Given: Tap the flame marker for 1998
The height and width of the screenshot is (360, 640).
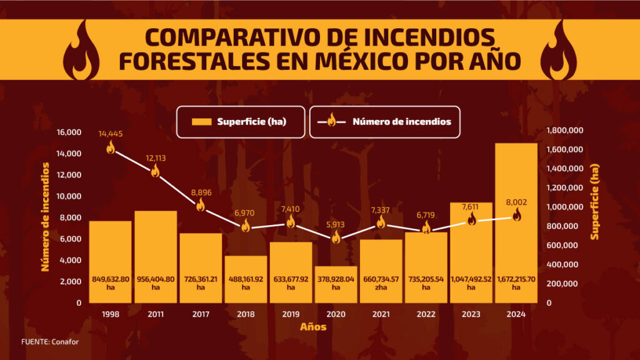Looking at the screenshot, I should click(x=111, y=147).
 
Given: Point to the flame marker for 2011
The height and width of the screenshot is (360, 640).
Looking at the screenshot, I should click(x=156, y=171).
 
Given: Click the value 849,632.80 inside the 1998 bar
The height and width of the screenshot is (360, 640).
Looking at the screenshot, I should click(x=111, y=279).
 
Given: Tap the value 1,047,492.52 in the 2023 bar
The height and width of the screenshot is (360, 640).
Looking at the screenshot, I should click(x=471, y=279).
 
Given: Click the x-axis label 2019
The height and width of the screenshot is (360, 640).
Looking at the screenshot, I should click(x=291, y=314).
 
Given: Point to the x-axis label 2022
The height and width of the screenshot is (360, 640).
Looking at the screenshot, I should click(x=426, y=314).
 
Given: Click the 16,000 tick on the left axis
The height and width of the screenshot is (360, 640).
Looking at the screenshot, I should click(x=69, y=132).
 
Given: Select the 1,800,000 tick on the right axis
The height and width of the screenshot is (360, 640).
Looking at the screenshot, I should click(x=565, y=131).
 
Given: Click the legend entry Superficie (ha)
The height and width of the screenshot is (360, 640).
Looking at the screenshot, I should click(x=241, y=122).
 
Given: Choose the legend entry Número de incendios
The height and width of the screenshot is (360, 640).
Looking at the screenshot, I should click(x=385, y=122).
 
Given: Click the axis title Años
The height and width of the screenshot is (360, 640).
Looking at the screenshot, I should click(x=312, y=327).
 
